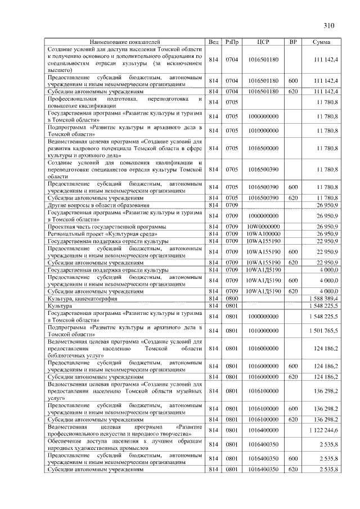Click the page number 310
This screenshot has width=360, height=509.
tap(329, 25)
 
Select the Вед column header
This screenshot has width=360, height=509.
tap(213, 42)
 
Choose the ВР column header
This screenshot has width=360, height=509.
tap(292, 42)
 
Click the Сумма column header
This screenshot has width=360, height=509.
tap(322, 42)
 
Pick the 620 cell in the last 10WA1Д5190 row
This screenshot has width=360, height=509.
tap(292, 291)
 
